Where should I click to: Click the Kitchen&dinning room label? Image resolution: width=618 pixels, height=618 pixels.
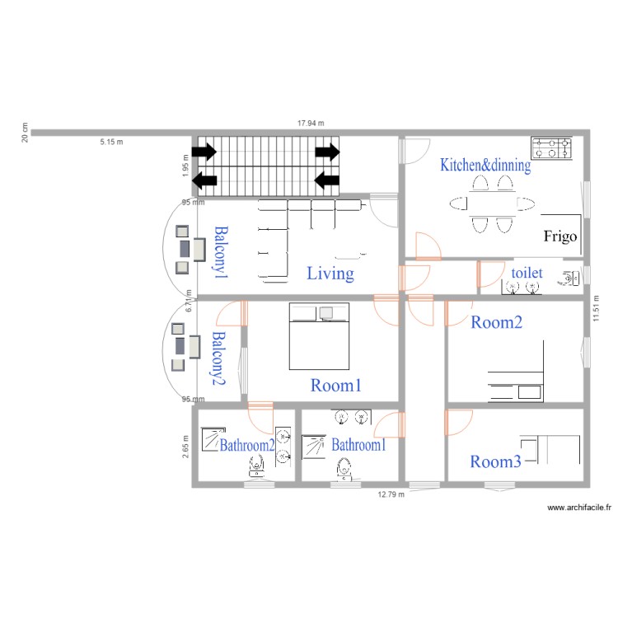pyautogui.click(x=485, y=165)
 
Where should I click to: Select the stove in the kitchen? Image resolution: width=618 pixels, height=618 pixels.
pyautogui.click(x=551, y=147)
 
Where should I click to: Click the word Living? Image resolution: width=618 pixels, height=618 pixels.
pyautogui.click(x=330, y=274)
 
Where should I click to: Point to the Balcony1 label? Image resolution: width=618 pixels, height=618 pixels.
pyautogui.click(x=220, y=250)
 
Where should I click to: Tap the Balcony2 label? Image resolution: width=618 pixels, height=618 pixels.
pyautogui.click(x=218, y=358)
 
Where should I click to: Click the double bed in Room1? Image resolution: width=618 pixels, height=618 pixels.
pyautogui.click(x=319, y=336)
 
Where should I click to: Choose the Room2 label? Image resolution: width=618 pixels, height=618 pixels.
pyautogui.click(x=496, y=323)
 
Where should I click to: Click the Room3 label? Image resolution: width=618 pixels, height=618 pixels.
pyautogui.click(x=495, y=461)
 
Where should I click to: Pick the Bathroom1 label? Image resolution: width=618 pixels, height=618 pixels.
pyautogui.click(x=358, y=445)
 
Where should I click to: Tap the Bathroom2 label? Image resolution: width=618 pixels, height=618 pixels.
pyautogui.click(x=246, y=445)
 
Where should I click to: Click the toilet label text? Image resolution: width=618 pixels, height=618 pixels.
pyautogui.click(x=527, y=272)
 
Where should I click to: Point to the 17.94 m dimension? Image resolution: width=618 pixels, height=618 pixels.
pyautogui.click(x=311, y=123)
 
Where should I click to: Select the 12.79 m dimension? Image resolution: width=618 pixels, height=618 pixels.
pyautogui.click(x=391, y=495)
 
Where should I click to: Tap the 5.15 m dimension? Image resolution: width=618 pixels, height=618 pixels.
pyautogui.click(x=111, y=142)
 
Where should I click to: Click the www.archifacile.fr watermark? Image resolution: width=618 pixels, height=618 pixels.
pyautogui.click(x=579, y=509)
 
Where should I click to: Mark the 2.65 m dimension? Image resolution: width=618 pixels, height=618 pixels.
pyautogui.click(x=187, y=445)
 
